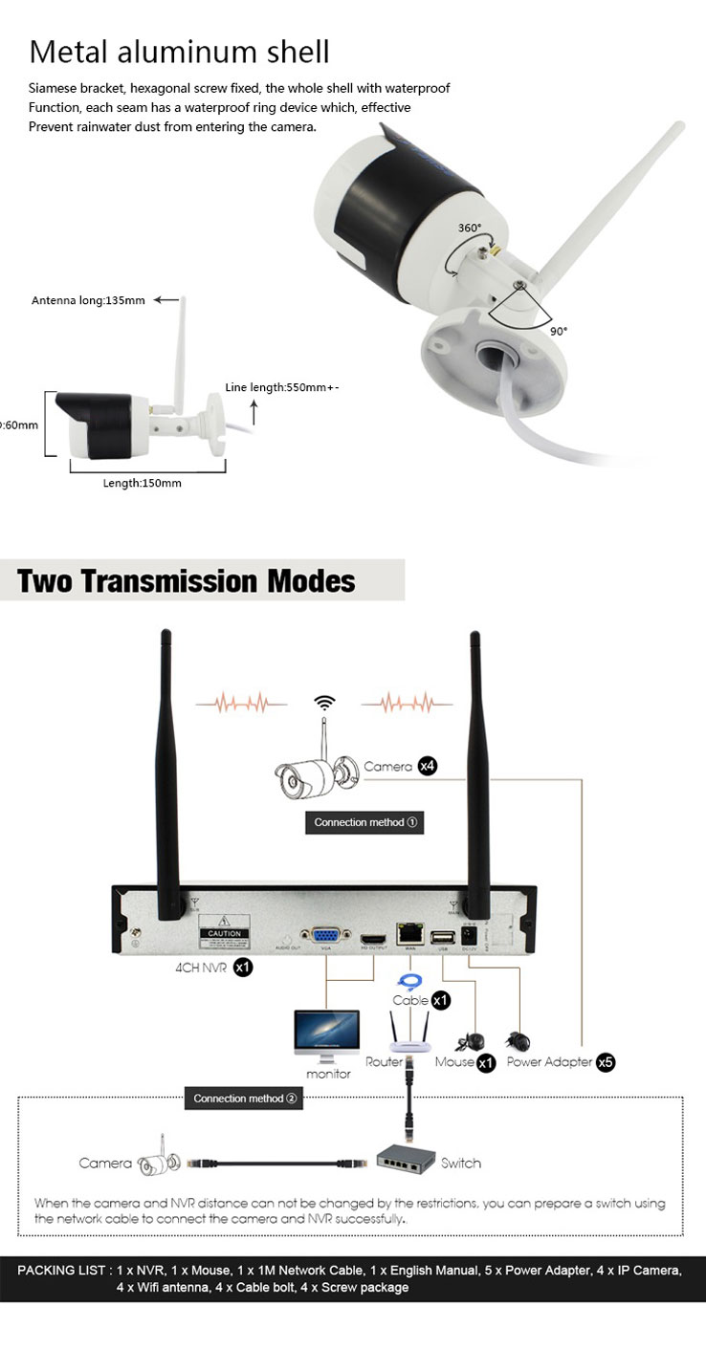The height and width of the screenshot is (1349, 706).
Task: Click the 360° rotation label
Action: point(470,228)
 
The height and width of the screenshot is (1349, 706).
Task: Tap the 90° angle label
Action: point(558,331)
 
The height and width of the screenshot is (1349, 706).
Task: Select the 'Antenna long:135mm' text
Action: point(88,300)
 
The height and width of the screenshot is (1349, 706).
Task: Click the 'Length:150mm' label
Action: point(142,483)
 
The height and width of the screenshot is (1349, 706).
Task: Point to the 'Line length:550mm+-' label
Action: point(282,387)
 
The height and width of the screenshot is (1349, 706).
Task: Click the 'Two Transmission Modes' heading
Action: point(187,580)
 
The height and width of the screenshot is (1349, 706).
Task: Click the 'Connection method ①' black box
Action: point(364,822)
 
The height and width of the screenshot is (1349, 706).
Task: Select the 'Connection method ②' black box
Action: point(245,1099)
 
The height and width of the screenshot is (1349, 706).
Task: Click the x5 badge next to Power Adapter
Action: point(605,1062)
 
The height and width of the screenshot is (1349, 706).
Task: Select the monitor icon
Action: point(327,1036)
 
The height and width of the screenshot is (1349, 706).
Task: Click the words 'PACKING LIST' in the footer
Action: point(62,1271)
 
